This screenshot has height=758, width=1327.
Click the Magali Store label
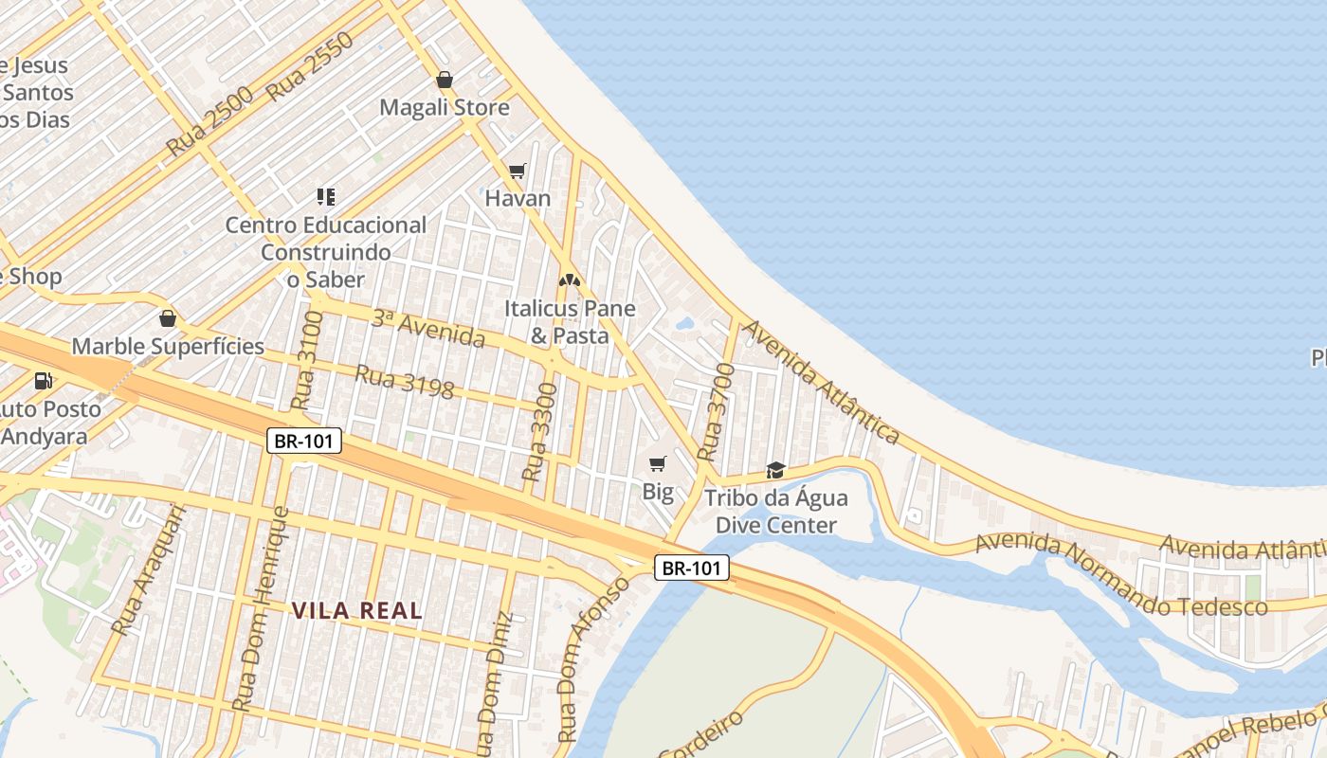click(445, 107)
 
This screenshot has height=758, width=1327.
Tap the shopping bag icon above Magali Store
click(445, 80)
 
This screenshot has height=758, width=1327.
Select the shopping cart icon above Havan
click(517, 171)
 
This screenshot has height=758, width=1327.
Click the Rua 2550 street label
click(310, 66)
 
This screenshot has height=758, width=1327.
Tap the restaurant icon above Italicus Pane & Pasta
click(569, 280)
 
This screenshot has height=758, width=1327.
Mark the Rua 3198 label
click(404, 382)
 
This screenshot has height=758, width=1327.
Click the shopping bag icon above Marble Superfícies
click(168, 318)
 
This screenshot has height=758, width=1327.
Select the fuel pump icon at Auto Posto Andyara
click(43, 381)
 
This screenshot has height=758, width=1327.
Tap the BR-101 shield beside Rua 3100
click(303, 441)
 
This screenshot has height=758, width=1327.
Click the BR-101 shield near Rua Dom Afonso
click(692, 568)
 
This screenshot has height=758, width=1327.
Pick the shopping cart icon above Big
click(658, 463)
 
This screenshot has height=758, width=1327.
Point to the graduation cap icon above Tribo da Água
click(775, 470)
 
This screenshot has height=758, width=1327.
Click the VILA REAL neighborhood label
click(357, 611)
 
